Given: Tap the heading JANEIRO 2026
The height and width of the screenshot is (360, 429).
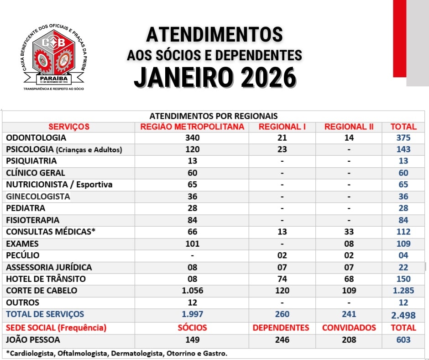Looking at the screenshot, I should pos(214,78).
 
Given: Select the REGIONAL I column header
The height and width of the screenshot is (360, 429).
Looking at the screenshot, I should pos(282,127).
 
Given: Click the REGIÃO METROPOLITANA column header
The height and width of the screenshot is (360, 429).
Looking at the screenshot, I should pos(192,127).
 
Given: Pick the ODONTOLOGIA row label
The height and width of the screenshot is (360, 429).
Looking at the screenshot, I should pos(36,138).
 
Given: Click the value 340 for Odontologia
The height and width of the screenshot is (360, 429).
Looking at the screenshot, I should pos(192,138).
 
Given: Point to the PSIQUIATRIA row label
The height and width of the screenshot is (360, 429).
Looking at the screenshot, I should pos(31,161).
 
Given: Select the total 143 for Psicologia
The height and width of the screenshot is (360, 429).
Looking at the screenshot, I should pos(403,149).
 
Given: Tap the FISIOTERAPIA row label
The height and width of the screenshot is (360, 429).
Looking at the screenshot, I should pos(33,220).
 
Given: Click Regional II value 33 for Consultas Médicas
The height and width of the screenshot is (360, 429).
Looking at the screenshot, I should pos(349,232).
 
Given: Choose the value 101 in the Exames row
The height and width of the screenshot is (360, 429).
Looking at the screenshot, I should pos(192,244).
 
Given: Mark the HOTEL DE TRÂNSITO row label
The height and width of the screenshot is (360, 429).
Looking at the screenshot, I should pos(46,279).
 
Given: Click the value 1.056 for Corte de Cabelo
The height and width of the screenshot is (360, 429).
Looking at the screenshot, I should pos(192,291).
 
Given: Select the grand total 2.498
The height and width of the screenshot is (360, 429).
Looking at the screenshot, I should pos(403,315).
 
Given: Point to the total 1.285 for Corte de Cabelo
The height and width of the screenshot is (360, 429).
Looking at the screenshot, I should pos(403,291).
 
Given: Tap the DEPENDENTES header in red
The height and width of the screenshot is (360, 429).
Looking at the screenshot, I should pos(281,328).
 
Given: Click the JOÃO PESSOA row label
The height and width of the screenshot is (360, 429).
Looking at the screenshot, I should pos(33,340).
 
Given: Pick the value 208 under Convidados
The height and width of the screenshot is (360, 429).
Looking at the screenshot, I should pos(349,340).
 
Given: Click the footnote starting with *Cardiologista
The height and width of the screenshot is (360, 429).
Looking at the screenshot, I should pos(116,353).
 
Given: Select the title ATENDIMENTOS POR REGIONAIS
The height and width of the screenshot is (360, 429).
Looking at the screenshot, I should pos(214,116).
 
